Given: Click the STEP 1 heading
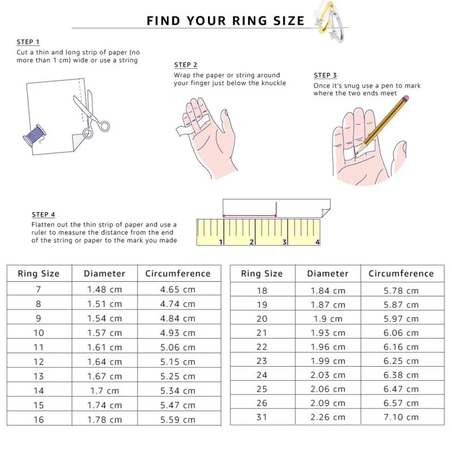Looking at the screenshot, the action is (x=28, y=42).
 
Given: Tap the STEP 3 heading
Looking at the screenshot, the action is (x=325, y=75).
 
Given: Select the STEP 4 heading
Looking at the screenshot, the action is (x=44, y=215).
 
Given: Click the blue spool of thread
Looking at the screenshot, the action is (x=34, y=136).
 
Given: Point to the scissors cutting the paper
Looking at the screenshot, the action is (x=91, y=115).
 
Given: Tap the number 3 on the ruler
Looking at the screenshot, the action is (x=284, y=242).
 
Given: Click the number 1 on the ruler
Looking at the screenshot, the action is (x=221, y=242).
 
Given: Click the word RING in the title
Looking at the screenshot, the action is (x=250, y=21).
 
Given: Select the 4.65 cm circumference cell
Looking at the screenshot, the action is (x=178, y=289).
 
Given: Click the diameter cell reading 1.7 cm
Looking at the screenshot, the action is (x=105, y=390).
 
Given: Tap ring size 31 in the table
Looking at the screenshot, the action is (x=262, y=417).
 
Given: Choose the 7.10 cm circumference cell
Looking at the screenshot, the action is (x=401, y=417).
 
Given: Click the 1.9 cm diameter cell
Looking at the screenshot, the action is (x=328, y=319).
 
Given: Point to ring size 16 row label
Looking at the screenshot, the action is (x=38, y=419).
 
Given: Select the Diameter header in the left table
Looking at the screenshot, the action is (x=105, y=273).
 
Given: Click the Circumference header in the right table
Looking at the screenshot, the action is (x=401, y=273).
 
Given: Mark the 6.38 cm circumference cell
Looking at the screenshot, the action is (x=401, y=375).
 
